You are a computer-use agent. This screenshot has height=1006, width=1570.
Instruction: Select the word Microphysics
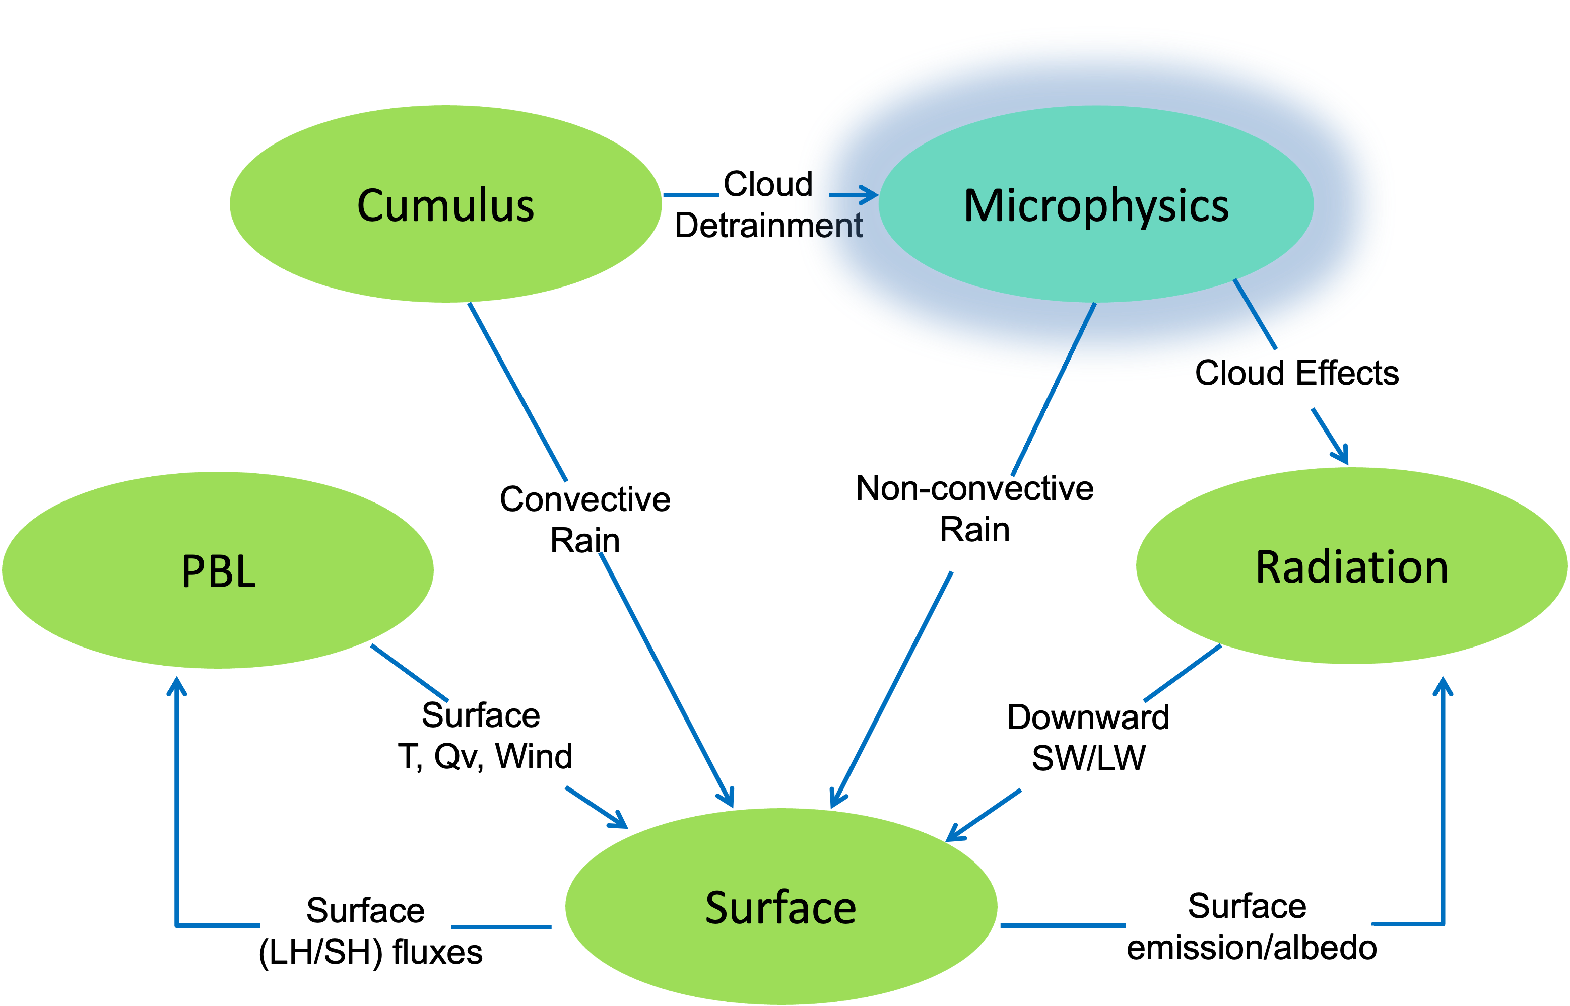(1096, 206)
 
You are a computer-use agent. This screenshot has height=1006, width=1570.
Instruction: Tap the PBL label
(218, 571)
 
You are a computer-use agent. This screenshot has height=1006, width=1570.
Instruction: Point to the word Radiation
(1352, 567)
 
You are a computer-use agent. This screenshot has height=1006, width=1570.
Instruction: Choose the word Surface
(780, 907)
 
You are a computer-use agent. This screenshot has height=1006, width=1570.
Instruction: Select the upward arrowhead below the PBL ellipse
(176, 686)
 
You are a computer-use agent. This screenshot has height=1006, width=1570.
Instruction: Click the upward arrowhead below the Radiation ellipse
(1443, 686)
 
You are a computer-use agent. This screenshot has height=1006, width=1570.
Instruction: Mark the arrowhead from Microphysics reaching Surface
(836, 800)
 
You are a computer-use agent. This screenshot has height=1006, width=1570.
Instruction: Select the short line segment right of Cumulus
(691, 195)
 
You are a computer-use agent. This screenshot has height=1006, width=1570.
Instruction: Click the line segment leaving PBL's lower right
(409, 673)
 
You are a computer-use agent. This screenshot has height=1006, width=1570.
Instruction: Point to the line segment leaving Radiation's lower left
(1183, 673)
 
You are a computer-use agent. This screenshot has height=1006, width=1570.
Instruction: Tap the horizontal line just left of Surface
(501, 927)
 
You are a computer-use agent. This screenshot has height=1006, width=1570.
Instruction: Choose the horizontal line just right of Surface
(1063, 925)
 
